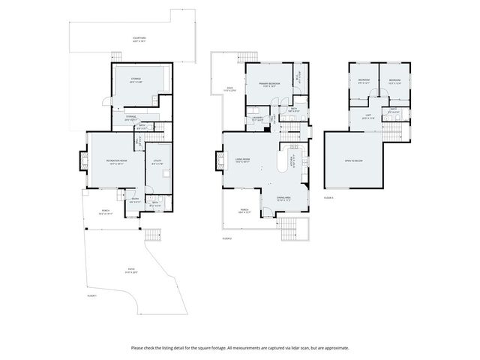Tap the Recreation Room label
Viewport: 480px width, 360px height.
click(x=115, y=160)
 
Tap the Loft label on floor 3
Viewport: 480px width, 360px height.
click(x=367, y=117)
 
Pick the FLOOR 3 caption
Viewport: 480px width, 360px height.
click(x=328, y=197)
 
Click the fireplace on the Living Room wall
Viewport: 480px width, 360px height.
click(x=219, y=159)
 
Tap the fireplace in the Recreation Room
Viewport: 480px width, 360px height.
click(x=83, y=159)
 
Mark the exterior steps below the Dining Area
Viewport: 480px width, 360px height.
click(x=289, y=229)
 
